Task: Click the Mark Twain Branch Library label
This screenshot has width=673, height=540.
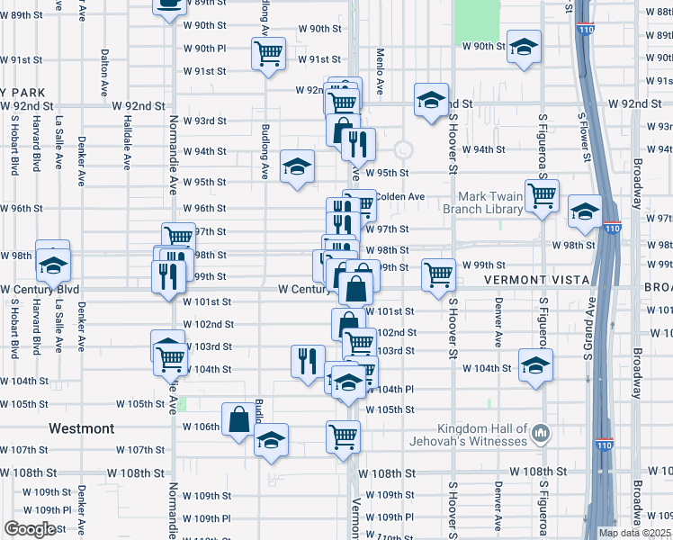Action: [490, 203]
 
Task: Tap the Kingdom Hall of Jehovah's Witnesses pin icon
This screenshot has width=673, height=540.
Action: [541, 435]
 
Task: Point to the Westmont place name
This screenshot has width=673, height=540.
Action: [82, 428]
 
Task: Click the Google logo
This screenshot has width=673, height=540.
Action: [30, 529]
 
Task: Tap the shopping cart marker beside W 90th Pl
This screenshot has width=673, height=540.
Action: [268, 55]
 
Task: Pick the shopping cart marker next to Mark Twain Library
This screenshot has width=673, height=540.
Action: [542, 195]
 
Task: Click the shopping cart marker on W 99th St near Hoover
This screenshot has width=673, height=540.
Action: [439, 274]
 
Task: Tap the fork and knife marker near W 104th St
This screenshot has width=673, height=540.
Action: [309, 360]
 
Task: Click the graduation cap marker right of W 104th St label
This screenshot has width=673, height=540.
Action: [535, 365]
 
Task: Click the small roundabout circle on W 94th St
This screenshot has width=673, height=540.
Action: [402, 149]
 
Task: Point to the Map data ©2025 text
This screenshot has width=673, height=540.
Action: [633, 533]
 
